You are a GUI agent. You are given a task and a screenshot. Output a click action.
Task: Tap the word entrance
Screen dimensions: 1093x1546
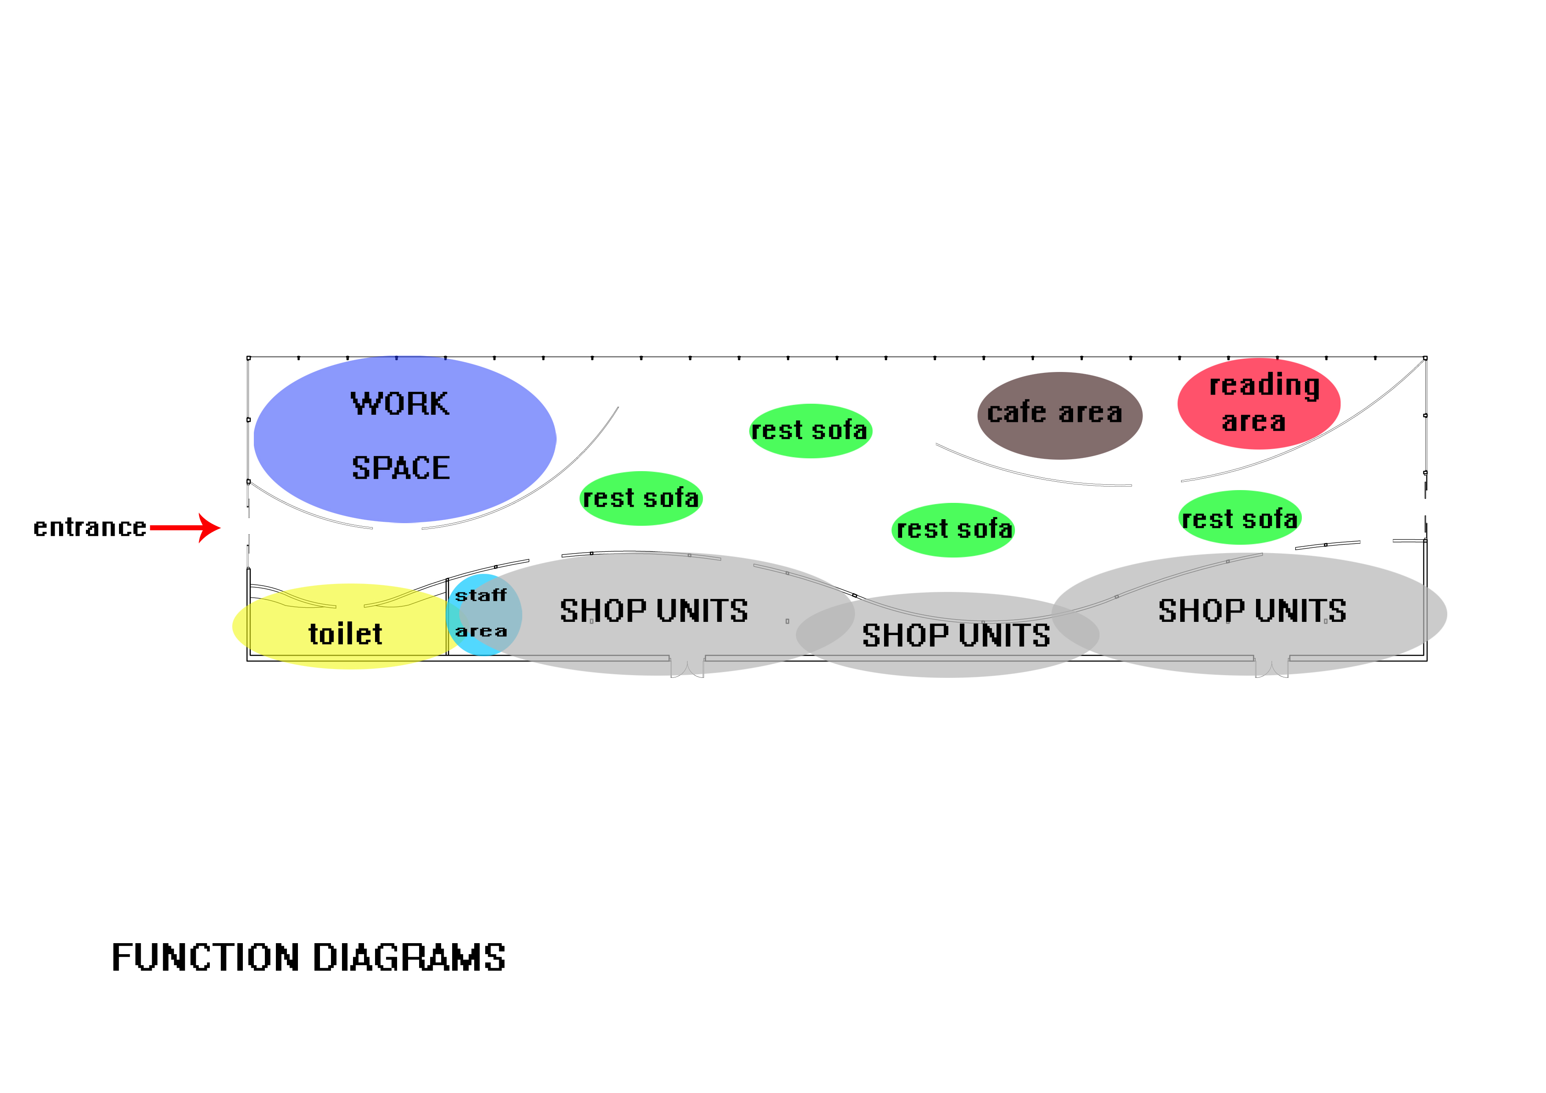[89, 527]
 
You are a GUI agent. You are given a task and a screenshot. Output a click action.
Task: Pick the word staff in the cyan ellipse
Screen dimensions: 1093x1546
[481, 595]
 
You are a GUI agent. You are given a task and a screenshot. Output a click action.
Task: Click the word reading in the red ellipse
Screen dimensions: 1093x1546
[1264, 385]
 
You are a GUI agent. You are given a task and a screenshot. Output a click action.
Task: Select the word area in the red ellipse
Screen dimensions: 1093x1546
[1254, 422]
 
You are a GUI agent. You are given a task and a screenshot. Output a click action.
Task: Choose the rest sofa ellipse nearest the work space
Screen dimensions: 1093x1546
[641, 498]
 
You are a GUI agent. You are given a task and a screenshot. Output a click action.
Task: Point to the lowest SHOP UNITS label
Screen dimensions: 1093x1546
[955, 635]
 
